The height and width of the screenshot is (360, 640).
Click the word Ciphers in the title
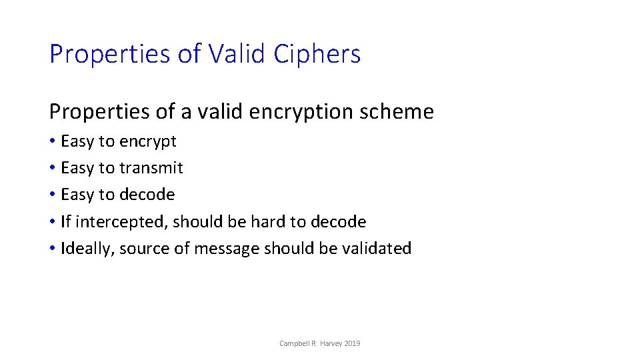tap(317, 54)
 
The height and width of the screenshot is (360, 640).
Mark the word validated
tap(377, 249)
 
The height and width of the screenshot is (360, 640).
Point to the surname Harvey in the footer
tap(331, 343)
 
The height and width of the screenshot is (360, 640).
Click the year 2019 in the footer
tap(353, 343)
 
